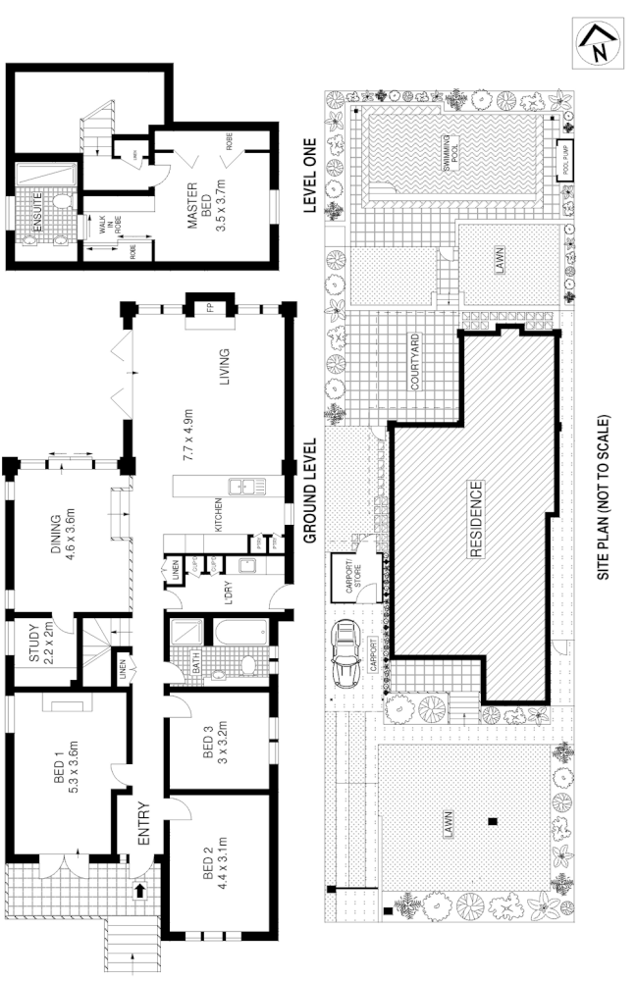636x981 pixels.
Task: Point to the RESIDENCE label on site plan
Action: click(477, 520)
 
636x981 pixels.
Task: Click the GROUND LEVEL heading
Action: click(308, 490)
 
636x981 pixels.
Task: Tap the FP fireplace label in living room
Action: click(210, 307)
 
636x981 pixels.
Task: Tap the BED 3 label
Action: click(207, 750)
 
